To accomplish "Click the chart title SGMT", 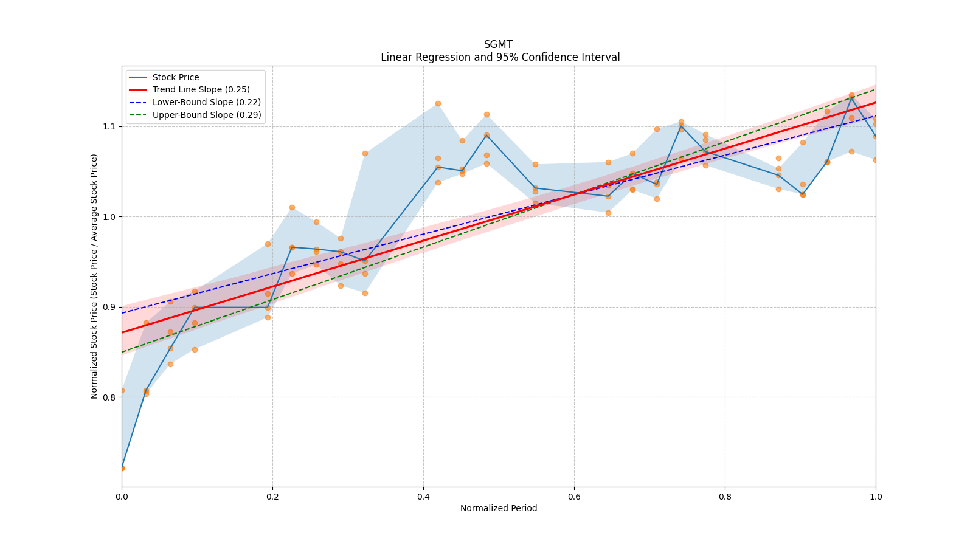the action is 498,44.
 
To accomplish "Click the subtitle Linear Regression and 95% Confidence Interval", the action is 500,57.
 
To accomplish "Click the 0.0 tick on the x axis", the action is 122,496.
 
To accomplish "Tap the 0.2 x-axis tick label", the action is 272,496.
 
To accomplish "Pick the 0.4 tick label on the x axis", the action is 423,496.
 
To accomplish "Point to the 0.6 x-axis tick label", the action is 574,496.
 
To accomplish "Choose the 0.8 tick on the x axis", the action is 725,496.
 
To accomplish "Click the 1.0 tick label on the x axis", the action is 876,496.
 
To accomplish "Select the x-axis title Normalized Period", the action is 499,508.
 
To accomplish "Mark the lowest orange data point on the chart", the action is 122,469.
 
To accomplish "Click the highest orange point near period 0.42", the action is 438,104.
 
